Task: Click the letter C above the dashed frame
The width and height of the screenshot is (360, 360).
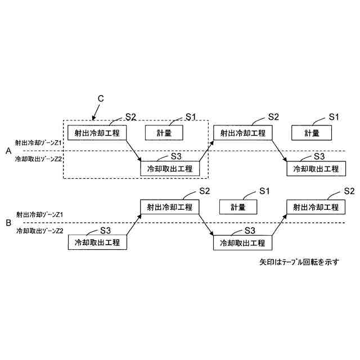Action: [x=100, y=98]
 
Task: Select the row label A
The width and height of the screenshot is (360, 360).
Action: [x=8, y=151]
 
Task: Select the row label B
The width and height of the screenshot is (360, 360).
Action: [x=8, y=223]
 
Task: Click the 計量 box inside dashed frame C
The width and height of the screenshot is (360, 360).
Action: [x=165, y=133]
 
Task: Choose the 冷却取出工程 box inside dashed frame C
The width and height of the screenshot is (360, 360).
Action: [x=169, y=168]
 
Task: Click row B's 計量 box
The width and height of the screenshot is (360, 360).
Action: [x=238, y=207]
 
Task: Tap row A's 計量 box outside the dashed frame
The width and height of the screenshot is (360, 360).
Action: [x=312, y=133]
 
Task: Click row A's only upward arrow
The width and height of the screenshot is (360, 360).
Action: [x=206, y=151]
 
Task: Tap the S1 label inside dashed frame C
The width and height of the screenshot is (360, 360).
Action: [x=190, y=117]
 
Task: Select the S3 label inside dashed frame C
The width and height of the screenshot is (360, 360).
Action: [x=176, y=156]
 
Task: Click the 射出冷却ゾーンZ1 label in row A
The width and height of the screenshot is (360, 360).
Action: [x=39, y=143]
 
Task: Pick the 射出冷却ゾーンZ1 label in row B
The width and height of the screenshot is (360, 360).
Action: [x=39, y=215]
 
